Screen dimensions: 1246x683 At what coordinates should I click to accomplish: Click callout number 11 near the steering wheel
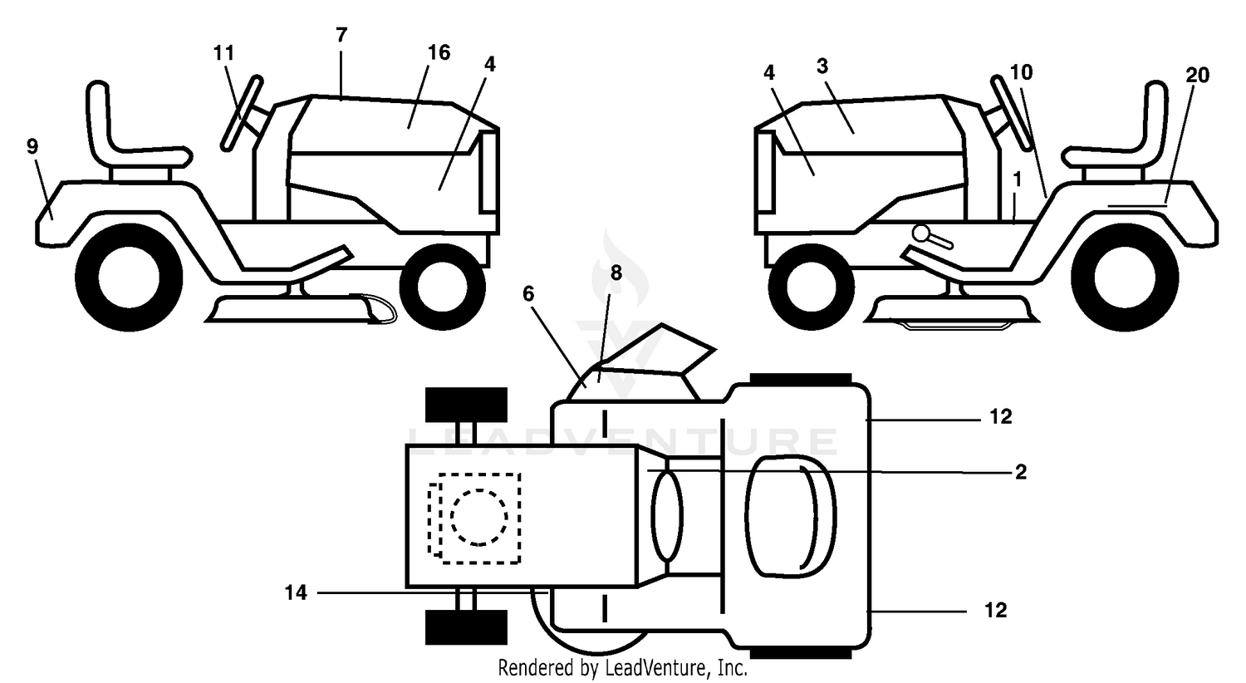point(223,53)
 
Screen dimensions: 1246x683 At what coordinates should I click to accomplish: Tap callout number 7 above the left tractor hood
point(341,35)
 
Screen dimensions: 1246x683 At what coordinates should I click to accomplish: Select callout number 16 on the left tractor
point(439,52)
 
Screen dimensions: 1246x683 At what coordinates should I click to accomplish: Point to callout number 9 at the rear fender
point(32,146)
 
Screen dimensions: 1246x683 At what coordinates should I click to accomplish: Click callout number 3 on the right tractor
point(822,66)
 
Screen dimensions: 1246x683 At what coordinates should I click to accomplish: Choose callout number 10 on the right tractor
point(1021,72)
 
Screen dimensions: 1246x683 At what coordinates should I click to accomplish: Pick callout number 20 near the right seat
point(1197,75)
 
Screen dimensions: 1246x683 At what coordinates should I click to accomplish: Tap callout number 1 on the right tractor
point(1018,179)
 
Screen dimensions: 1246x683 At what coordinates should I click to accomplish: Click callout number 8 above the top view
point(616,273)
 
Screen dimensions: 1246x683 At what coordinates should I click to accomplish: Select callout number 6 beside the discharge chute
point(527,293)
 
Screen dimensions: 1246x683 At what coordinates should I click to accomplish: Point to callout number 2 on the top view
point(1021,472)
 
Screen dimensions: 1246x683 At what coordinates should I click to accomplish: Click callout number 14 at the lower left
point(296,593)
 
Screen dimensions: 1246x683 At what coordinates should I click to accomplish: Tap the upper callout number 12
point(1001,416)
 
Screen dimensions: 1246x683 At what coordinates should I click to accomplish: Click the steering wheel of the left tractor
point(242,113)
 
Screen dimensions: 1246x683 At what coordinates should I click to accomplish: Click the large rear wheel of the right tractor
point(1125,278)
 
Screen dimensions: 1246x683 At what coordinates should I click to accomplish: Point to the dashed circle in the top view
point(478,518)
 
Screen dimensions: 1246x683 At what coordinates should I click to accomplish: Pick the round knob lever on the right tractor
point(932,237)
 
